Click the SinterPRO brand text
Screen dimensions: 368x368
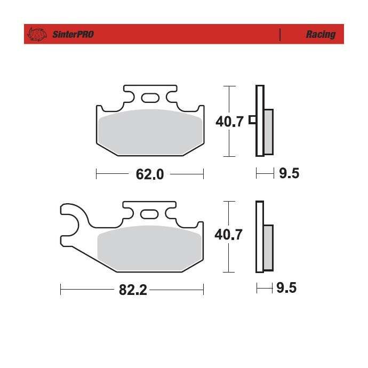point(73,34)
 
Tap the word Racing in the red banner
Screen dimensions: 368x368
point(321,35)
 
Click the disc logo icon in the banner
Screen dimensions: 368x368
point(37,34)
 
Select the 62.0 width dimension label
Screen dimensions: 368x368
point(150,174)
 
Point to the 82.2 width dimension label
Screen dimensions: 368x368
point(133,290)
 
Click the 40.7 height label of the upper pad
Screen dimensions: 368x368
point(229,122)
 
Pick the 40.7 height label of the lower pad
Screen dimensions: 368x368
point(228,235)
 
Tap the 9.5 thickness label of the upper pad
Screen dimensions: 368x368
point(289,173)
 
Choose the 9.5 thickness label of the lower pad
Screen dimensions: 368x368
point(286,288)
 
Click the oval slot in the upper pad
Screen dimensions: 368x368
point(150,98)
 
